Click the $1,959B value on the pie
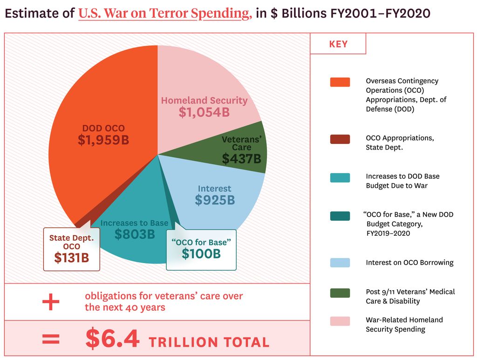coord(103,140)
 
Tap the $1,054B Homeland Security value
coord(204,112)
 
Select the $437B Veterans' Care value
coord(241,159)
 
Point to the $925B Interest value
coord(215,200)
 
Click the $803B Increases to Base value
coord(135,234)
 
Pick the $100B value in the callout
coord(201,254)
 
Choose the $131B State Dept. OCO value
coord(71,257)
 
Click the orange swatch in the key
coord(340,82)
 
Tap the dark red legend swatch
coord(340,139)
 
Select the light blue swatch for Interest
coord(340,263)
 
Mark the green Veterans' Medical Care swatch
coord(340,292)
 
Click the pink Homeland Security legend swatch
coord(340,321)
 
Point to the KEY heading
coord(338,44)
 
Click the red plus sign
coord(51,302)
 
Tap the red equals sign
coord(51,339)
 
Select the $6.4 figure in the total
coord(112,339)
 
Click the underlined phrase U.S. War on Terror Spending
coord(165,14)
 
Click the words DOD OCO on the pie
coord(103,128)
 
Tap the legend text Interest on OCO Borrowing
coord(409,263)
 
